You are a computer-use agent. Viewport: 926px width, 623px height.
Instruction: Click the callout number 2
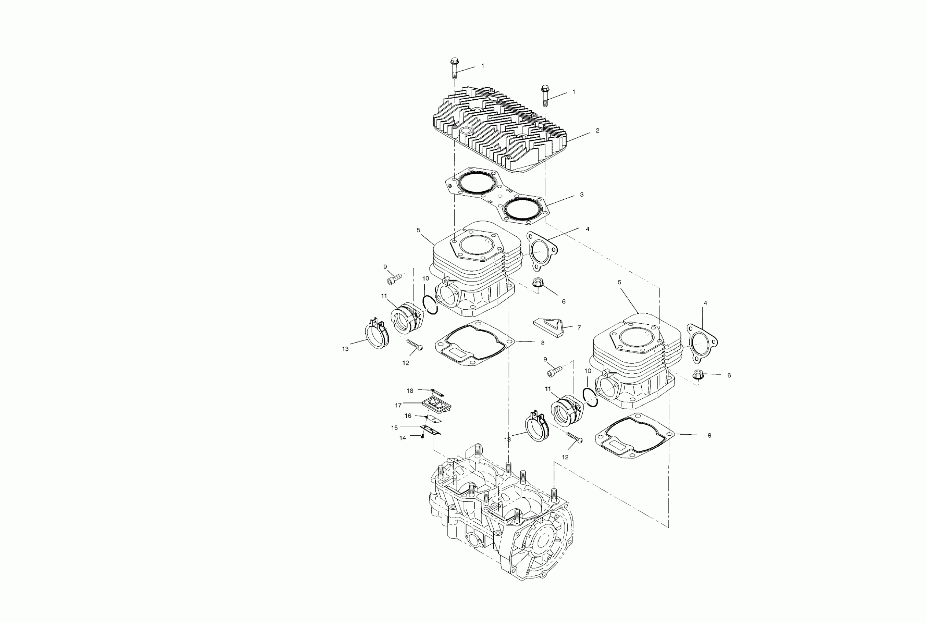pos(597,131)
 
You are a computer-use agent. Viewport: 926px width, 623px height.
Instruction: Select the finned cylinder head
pos(501,131)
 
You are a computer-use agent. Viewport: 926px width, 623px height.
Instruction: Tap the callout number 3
pos(582,195)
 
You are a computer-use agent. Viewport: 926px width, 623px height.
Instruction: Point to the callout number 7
pos(579,328)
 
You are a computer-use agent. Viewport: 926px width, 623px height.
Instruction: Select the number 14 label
pos(403,438)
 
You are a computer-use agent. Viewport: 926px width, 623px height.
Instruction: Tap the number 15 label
pos(394,428)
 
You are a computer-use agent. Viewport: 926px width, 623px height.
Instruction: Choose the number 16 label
pos(408,416)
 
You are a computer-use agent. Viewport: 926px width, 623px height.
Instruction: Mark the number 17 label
pos(398,405)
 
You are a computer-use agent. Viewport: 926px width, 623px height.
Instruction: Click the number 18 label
pos(410,391)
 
